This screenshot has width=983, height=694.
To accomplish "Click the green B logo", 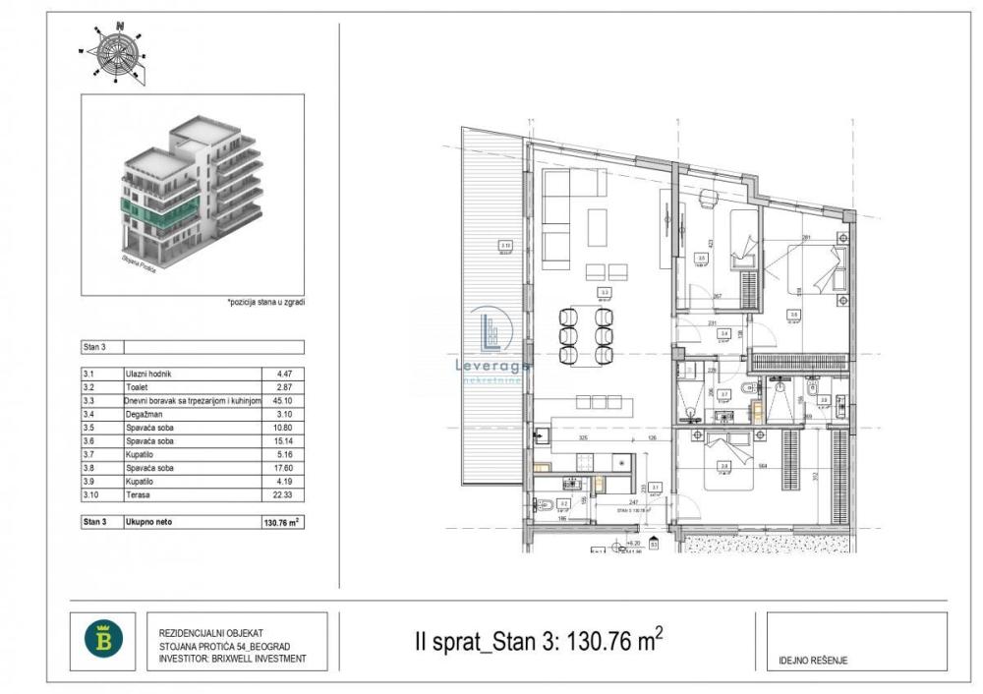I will [103, 641].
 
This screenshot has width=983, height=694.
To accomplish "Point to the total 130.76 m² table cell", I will [282, 522].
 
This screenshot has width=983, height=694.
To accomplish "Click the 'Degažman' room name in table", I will [145, 414].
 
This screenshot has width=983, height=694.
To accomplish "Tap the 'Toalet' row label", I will [138, 387].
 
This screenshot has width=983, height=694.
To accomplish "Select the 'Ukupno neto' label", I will [148, 522].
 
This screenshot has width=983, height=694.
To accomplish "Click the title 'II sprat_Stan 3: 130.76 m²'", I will [539, 642].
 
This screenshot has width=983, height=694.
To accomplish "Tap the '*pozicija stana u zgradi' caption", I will [265, 303].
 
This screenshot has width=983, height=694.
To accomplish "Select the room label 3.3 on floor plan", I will [606, 292].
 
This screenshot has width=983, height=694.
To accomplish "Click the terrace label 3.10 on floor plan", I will [504, 246].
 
